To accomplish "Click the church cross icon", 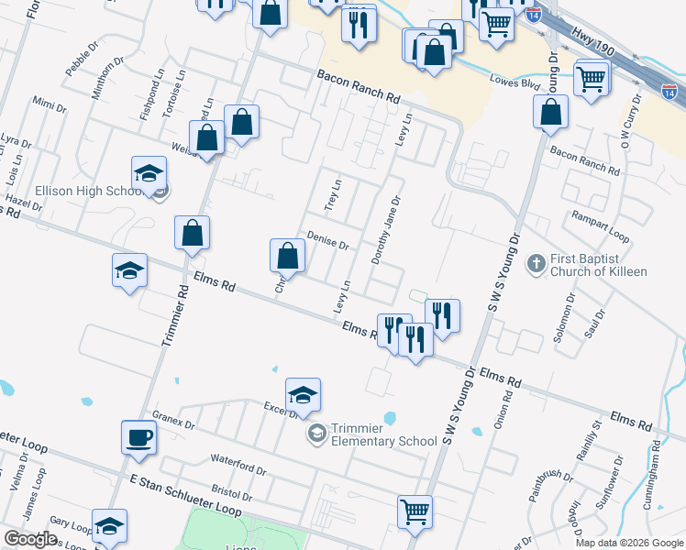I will pos(537,265).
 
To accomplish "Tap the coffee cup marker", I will pos(138,437).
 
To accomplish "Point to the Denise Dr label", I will pos(327,240).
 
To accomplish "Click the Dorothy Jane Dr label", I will pos(386,230).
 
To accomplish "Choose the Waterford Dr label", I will pos(238,465).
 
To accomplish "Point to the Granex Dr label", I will pos(173,420).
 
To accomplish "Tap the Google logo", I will pos(30,539).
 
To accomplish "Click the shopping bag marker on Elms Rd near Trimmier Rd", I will pos(193,235).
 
